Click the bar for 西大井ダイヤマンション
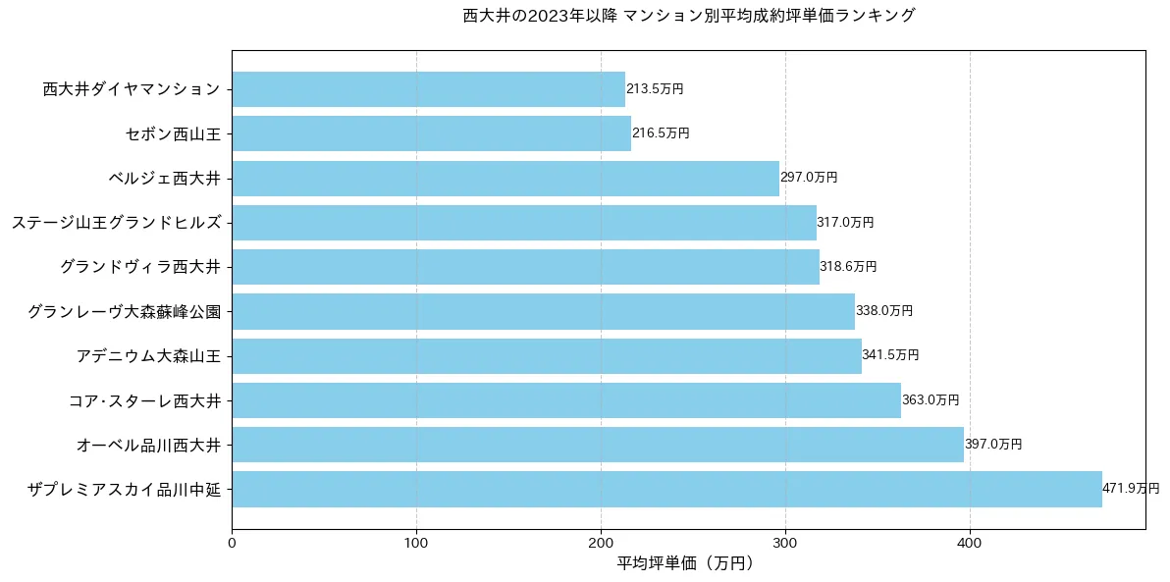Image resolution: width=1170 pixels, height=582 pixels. pos(428,89)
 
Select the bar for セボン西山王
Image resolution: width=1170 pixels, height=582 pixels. pos(431,133)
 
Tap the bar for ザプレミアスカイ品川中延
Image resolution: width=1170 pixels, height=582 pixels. pos(666,489)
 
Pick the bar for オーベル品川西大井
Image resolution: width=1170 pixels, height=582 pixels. pos(598,445)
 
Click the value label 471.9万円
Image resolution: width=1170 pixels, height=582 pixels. pos(1131,489)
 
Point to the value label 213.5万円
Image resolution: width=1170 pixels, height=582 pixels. pos(655,89)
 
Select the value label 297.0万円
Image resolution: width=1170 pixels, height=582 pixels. pos(809,178)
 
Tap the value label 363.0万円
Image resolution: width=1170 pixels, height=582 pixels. pos(931,400)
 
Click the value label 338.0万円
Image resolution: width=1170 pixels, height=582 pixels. pos(884,311)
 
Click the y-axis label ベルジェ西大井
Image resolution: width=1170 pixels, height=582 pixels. pos(164,178)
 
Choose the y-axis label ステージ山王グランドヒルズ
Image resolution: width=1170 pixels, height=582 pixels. pos(116,223)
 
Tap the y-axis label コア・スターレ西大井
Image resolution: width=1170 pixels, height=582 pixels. pos(144,400)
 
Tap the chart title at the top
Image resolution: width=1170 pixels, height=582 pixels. pos(688,16)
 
